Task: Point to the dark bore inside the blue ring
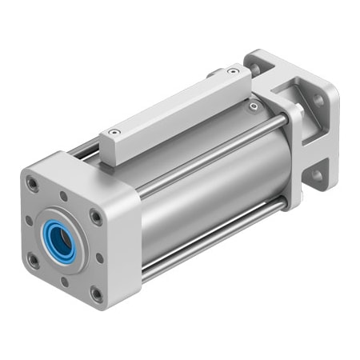point(59,238)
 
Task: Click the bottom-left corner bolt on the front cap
point(34,260)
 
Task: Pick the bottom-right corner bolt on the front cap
point(97,294)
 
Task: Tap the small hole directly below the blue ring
point(64,279)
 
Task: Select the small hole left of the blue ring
point(29,221)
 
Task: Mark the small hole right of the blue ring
point(98,257)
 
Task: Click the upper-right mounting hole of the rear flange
point(318,102)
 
